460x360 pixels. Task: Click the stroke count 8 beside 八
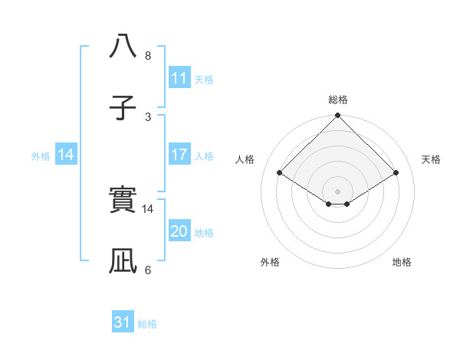pyautogui.click(x=148, y=56)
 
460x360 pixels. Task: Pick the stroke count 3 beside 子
pyautogui.click(x=148, y=116)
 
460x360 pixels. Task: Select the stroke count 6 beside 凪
pyautogui.click(x=148, y=270)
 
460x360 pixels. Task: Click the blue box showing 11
pyautogui.click(x=179, y=78)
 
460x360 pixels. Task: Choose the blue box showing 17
pyautogui.click(x=179, y=155)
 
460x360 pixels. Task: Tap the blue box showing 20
pyautogui.click(x=179, y=231)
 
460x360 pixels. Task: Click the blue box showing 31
pyautogui.click(x=123, y=323)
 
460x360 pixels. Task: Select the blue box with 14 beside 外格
pyautogui.click(x=65, y=155)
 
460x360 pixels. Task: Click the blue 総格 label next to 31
pyautogui.click(x=147, y=324)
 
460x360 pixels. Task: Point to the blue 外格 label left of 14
pyautogui.click(x=41, y=155)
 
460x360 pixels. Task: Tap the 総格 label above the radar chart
pyautogui.click(x=337, y=100)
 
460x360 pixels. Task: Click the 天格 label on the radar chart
pyautogui.click(x=431, y=159)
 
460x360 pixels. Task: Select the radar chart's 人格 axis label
pyautogui.click(x=245, y=159)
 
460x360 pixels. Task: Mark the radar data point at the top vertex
pyautogui.click(x=337, y=116)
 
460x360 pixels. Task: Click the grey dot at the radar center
pyautogui.click(x=337, y=191)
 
